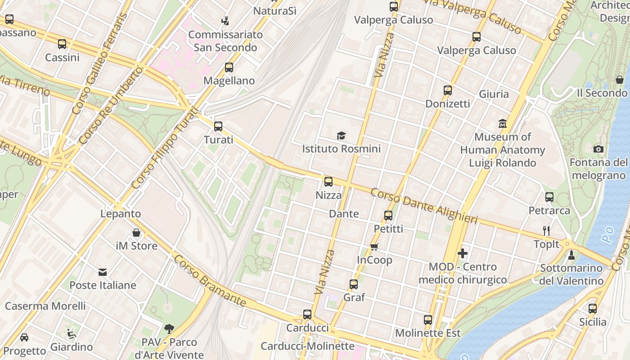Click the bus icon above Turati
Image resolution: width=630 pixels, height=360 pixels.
pyautogui.click(x=218, y=126)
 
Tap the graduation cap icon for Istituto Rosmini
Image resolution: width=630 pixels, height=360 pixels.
pyautogui.click(x=341, y=135)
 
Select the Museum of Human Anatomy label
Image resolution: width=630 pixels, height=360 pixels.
pyautogui.click(x=502, y=150)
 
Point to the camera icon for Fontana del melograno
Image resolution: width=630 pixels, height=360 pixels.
pyautogui.click(x=598, y=149)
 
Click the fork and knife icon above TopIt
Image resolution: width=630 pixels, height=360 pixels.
pyautogui.click(x=546, y=231)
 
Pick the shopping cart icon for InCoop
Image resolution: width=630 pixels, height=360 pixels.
pyautogui.click(x=374, y=247)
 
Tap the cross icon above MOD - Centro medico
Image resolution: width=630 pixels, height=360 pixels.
pyautogui.click(x=462, y=253)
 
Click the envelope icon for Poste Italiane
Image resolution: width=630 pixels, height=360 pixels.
pyautogui.click(x=103, y=272)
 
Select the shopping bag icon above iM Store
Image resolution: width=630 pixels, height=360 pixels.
pyautogui.click(x=136, y=233)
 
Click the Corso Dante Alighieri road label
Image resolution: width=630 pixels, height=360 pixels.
pyautogui.click(x=423, y=206)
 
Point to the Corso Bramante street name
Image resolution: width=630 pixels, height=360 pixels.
pyautogui.click(x=210, y=281)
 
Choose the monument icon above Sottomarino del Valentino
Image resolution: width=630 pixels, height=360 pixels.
pyautogui.click(x=571, y=255)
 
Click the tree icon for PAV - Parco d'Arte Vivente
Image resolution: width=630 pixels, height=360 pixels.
pyautogui.click(x=169, y=329)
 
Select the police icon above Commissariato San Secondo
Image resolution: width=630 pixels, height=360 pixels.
pyautogui.click(x=225, y=21)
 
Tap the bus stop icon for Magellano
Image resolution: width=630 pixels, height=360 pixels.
pyautogui.click(x=229, y=67)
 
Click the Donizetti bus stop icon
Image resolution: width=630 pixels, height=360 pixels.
pyautogui.click(x=447, y=90)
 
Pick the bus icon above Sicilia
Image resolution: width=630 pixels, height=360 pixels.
pyautogui.click(x=593, y=309)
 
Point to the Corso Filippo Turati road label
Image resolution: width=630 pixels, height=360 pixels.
pyautogui.click(x=164, y=148)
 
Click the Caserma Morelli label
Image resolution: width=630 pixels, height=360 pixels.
pyautogui.click(x=45, y=306)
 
